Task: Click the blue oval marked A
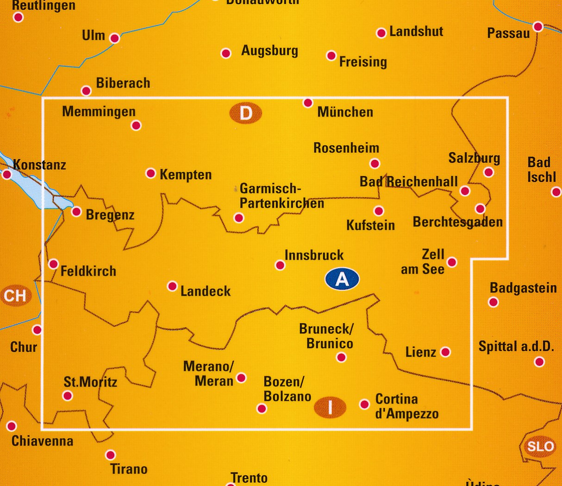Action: coord(342,279)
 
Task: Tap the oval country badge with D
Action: coord(245,113)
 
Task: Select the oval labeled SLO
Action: coord(540,446)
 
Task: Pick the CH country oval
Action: coord(15,296)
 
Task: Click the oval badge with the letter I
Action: coord(330,407)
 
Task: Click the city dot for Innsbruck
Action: coord(280,265)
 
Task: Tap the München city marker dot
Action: coord(308,102)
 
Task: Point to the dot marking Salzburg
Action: coord(488,172)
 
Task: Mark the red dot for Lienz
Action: coord(445,352)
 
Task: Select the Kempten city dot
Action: coord(150,173)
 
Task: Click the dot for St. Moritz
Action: coord(68,396)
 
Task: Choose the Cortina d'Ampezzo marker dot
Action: coord(365,404)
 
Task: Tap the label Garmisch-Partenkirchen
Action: coord(281,196)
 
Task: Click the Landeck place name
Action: coord(206,291)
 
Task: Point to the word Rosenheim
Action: coord(346,148)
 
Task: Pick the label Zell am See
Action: coord(423,262)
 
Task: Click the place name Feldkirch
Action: coord(88,271)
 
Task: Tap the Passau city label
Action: coord(508,33)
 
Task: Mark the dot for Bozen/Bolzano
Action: coord(262,409)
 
